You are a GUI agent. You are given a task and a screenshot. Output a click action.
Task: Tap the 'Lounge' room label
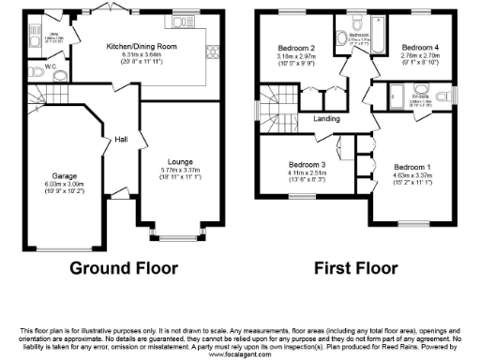180,161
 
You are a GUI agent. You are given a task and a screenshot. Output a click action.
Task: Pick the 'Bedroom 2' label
295,47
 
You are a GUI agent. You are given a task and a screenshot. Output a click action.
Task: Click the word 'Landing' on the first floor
326,118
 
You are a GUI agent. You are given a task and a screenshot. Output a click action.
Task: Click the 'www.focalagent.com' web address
240,355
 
